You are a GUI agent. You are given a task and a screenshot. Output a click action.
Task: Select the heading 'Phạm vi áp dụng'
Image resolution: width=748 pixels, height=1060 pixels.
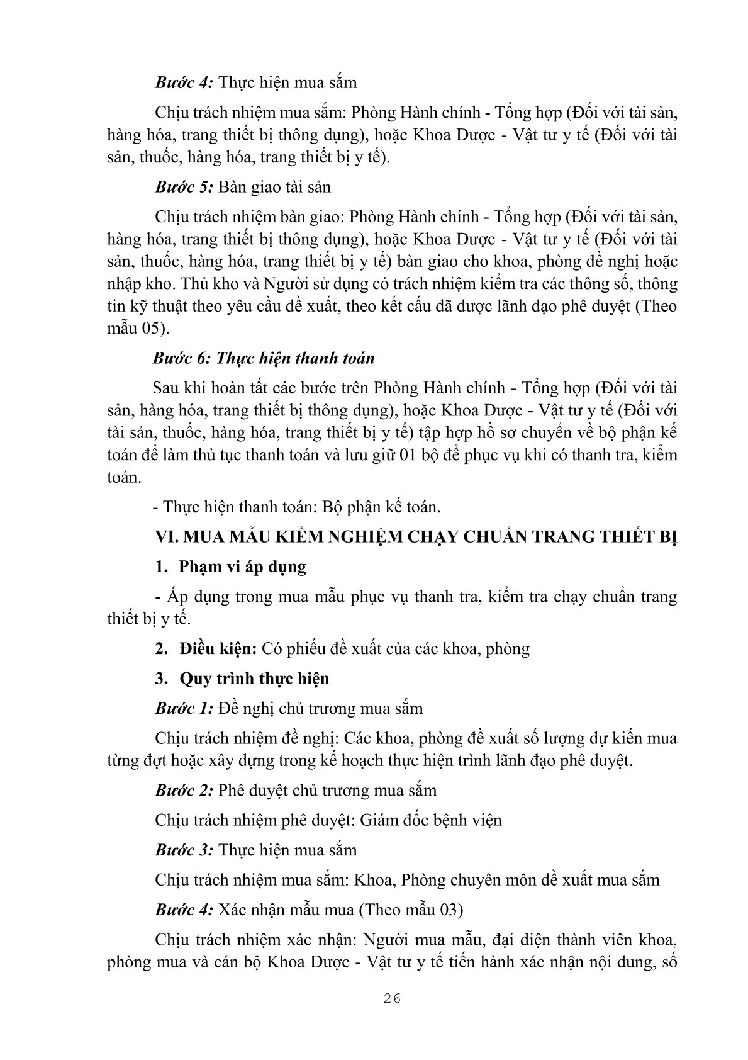click(243, 567)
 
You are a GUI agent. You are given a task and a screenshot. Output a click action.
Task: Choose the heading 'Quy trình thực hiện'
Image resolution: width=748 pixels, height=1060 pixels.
click(254, 679)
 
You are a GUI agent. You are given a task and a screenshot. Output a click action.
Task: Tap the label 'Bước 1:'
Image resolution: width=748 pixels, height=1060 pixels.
click(184, 708)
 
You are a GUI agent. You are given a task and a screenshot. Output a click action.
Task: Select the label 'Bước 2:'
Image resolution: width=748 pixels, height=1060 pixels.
click(185, 790)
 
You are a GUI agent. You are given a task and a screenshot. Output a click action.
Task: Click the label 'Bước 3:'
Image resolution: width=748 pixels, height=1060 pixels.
click(185, 850)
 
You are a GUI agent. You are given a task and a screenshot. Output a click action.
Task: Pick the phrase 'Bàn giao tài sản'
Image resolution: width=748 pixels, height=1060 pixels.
click(275, 187)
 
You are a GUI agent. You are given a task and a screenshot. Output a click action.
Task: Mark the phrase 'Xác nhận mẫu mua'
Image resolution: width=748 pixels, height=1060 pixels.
click(289, 910)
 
